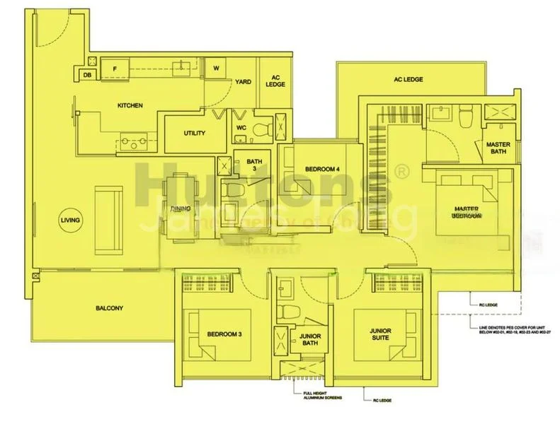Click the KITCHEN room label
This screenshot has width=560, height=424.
click(x=130, y=106)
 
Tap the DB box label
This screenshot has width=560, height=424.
click(x=87, y=74)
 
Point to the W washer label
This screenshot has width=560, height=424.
click(x=216, y=69)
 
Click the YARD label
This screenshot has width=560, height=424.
click(x=244, y=82)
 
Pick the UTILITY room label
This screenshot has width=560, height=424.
click(x=194, y=133)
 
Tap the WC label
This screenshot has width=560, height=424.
click(x=241, y=128)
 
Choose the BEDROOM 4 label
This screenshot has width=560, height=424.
click(x=322, y=170)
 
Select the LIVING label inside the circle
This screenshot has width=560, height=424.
click(x=70, y=221)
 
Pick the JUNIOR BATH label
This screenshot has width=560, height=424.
click(x=311, y=341)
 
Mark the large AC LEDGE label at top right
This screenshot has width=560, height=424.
click(x=408, y=80)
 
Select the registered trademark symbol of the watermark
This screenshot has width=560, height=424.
click(x=401, y=171)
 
